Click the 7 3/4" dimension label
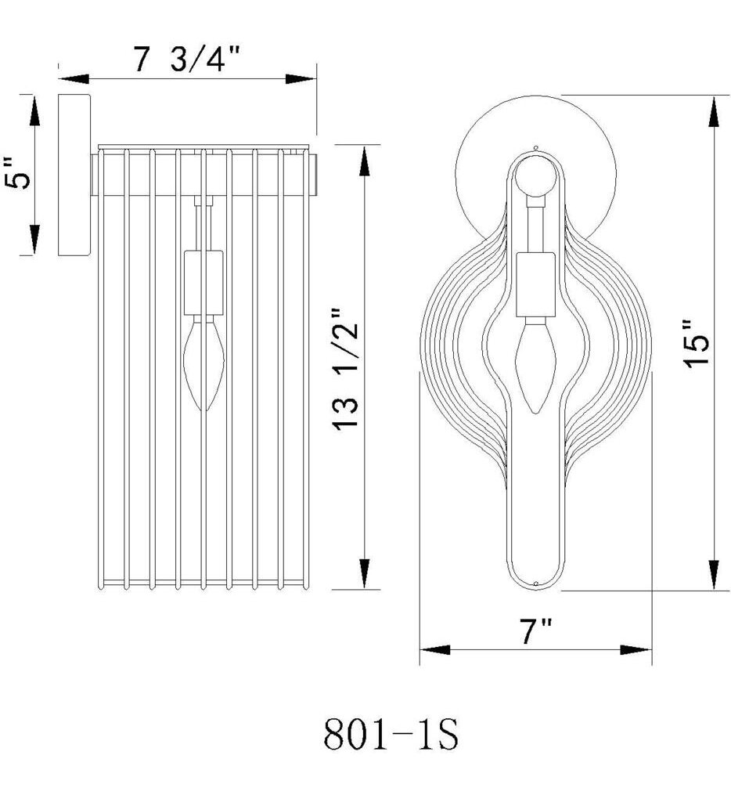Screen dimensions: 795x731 point(185,60)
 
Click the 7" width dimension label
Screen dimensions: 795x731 point(536,631)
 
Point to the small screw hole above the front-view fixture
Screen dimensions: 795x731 point(535,147)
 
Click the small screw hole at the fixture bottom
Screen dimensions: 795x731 point(535,584)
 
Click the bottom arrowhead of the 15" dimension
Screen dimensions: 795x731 point(714,573)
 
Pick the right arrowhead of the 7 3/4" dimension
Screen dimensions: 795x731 point(301,79)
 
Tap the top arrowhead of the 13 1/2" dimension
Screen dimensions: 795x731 point(364,161)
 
